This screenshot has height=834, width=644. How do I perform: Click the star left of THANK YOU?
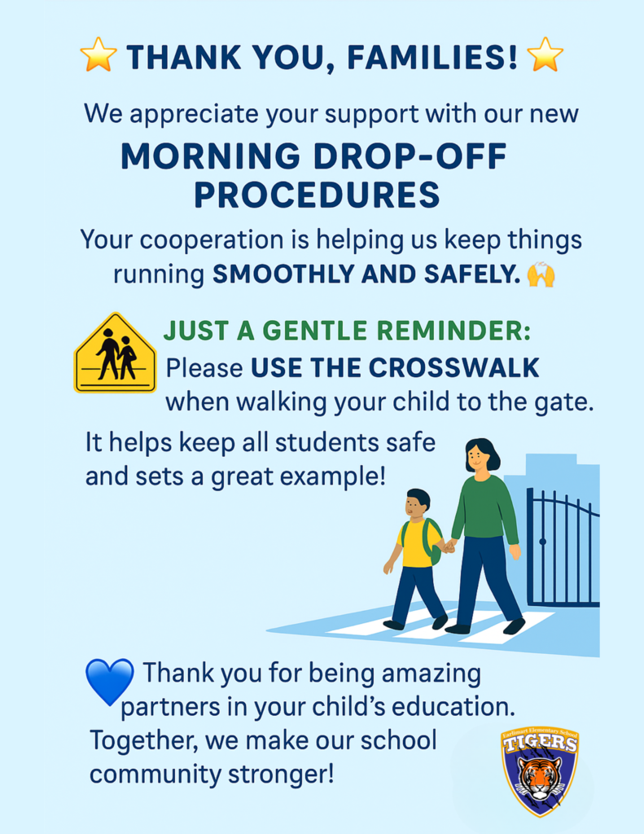[99, 55]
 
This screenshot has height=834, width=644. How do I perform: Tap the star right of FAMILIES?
[545, 55]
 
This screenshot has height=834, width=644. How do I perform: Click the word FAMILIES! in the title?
[432, 57]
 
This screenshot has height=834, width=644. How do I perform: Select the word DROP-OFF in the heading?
[410, 156]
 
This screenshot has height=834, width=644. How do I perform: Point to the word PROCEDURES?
[317, 195]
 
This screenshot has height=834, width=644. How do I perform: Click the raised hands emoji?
[541, 274]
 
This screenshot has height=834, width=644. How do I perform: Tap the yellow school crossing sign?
[115, 353]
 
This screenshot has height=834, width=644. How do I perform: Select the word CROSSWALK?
[453, 368]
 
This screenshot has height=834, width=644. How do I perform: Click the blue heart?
[110, 681]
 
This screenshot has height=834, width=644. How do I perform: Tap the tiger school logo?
[540, 773]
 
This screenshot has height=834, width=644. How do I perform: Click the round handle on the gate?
[542, 542]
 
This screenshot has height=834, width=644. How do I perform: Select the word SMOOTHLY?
[283, 274]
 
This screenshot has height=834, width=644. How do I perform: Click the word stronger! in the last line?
[282, 775]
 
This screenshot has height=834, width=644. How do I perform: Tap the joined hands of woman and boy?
[449, 546]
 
